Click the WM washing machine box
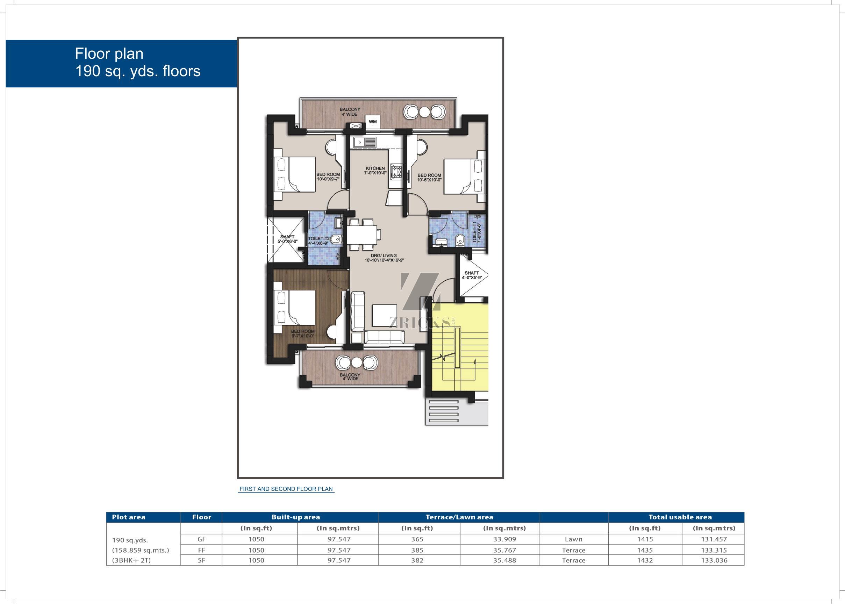pos(373,122)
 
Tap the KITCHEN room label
pos(375,171)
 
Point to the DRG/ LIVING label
pos(384,258)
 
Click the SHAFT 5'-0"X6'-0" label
pos(287,239)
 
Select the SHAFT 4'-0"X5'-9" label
pos(472,275)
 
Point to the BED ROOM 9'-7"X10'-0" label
pos(303,333)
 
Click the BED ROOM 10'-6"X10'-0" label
pos(429,178)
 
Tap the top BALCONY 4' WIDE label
pos(350,112)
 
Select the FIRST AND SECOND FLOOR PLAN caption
pos(286,489)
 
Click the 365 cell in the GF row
pos(417,539)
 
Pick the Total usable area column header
pos(680,517)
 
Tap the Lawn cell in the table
pos(573,539)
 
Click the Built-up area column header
pos(296,517)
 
